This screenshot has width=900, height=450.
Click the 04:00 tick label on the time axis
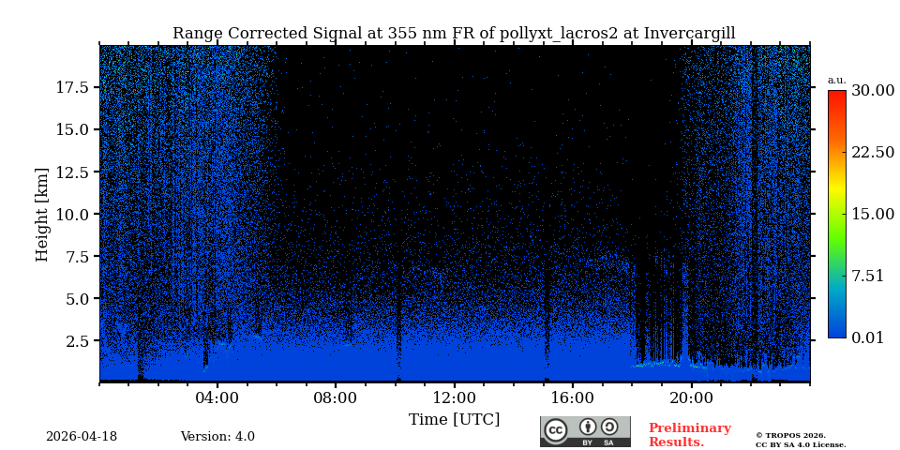click(217, 397)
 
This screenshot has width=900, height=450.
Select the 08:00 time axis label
click(335, 397)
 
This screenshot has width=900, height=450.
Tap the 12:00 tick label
click(454, 397)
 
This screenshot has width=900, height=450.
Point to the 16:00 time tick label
click(572, 397)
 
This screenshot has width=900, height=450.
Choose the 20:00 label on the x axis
click(691, 397)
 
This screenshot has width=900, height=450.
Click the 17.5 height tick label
click(72, 87)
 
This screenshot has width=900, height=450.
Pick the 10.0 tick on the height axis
click(72, 215)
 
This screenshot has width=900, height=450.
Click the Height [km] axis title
click(42, 214)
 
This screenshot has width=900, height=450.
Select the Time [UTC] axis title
click(454, 419)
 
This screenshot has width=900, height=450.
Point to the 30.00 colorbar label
click(872, 91)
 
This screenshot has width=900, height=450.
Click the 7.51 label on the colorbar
click(867, 276)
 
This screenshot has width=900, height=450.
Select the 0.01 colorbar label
click(867, 337)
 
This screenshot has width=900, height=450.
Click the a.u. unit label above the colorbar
click(836, 80)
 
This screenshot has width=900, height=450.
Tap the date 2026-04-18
click(82, 437)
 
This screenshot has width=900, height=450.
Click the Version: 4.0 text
click(217, 437)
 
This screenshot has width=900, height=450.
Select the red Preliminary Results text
click(689, 435)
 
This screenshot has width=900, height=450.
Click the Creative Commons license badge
click(585, 431)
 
